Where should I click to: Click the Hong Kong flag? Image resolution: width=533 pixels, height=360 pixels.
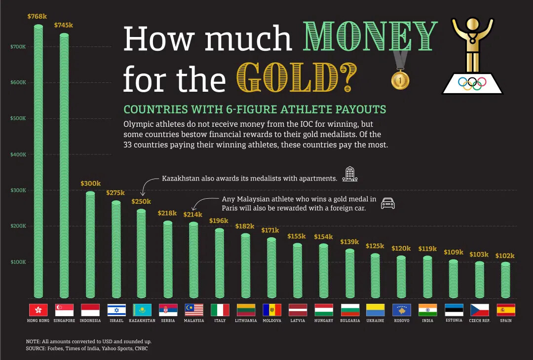tap(38, 310)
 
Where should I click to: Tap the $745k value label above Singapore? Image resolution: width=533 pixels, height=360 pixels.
tap(63, 25)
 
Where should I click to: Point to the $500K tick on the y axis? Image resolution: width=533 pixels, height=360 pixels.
tap(18, 118)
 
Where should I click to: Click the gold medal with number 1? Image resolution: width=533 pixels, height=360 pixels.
tap(400, 80)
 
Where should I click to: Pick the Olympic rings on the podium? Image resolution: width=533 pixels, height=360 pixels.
tap(472, 83)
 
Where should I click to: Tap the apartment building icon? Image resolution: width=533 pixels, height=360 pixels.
tap(350, 174)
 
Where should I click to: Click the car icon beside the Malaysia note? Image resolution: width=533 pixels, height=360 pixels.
tap(388, 203)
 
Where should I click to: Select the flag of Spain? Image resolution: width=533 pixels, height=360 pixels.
tap(506, 310)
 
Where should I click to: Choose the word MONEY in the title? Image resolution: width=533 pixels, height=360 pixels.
tap(371, 37)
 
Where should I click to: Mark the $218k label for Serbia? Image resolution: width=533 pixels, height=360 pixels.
tap(167, 213)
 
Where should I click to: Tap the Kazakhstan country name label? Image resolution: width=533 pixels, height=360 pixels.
tap(142, 321)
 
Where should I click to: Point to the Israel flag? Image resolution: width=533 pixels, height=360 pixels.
tap(116, 310)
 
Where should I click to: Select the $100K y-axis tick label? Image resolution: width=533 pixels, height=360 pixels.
tap(18, 262)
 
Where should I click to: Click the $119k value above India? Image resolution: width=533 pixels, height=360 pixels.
tap(427, 249)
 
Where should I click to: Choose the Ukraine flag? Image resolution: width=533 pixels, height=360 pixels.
tap(376, 310)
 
